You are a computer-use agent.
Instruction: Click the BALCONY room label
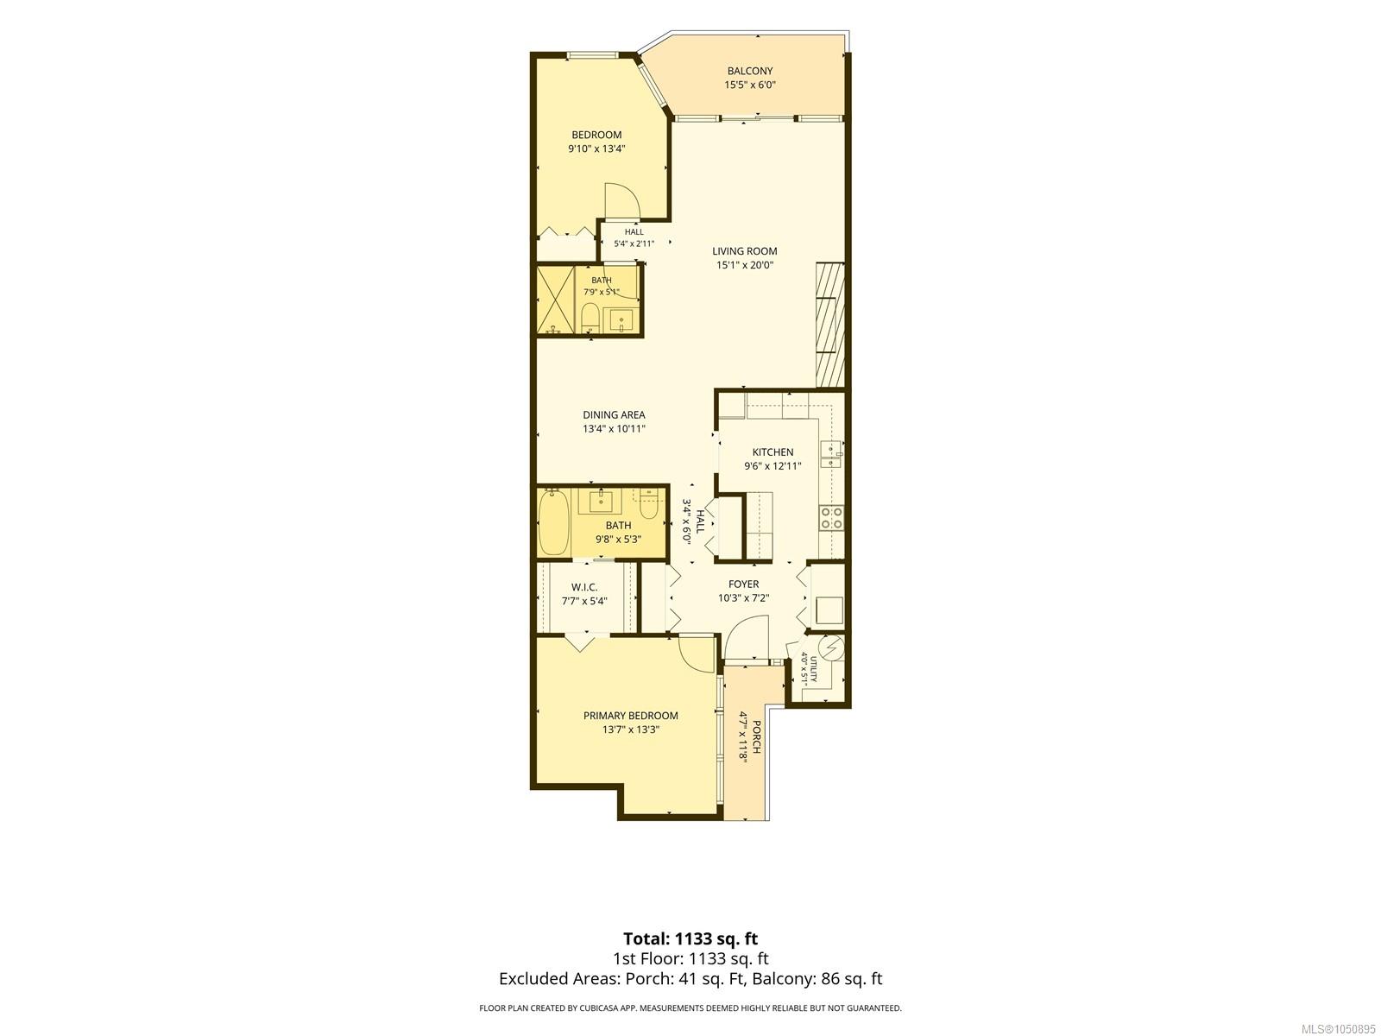pyautogui.click(x=749, y=71)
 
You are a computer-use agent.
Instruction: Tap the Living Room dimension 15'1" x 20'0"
pyautogui.click(x=744, y=265)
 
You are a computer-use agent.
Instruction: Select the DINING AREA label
pyautogui.click(x=614, y=414)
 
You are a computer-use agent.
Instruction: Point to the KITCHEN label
pyautogui.click(x=772, y=452)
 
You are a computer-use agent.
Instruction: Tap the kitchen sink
pyautogui.click(x=831, y=453)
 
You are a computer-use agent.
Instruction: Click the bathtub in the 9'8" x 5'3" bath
pyautogui.click(x=554, y=522)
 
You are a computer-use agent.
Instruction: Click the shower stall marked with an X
pyautogui.click(x=555, y=300)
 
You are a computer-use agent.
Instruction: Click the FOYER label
pyautogui.click(x=744, y=584)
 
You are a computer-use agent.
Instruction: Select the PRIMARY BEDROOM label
pyautogui.click(x=630, y=715)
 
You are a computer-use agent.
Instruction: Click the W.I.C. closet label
pyautogui.click(x=583, y=587)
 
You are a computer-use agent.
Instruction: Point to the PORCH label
pyautogui.click(x=756, y=737)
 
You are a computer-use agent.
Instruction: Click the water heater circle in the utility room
pyautogui.click(x=831, y=647)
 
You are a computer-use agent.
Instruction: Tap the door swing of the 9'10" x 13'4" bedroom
pyautogui.click(x=181, y=200)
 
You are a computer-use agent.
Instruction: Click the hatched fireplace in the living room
pyautogui.click(x=829, y=325)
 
